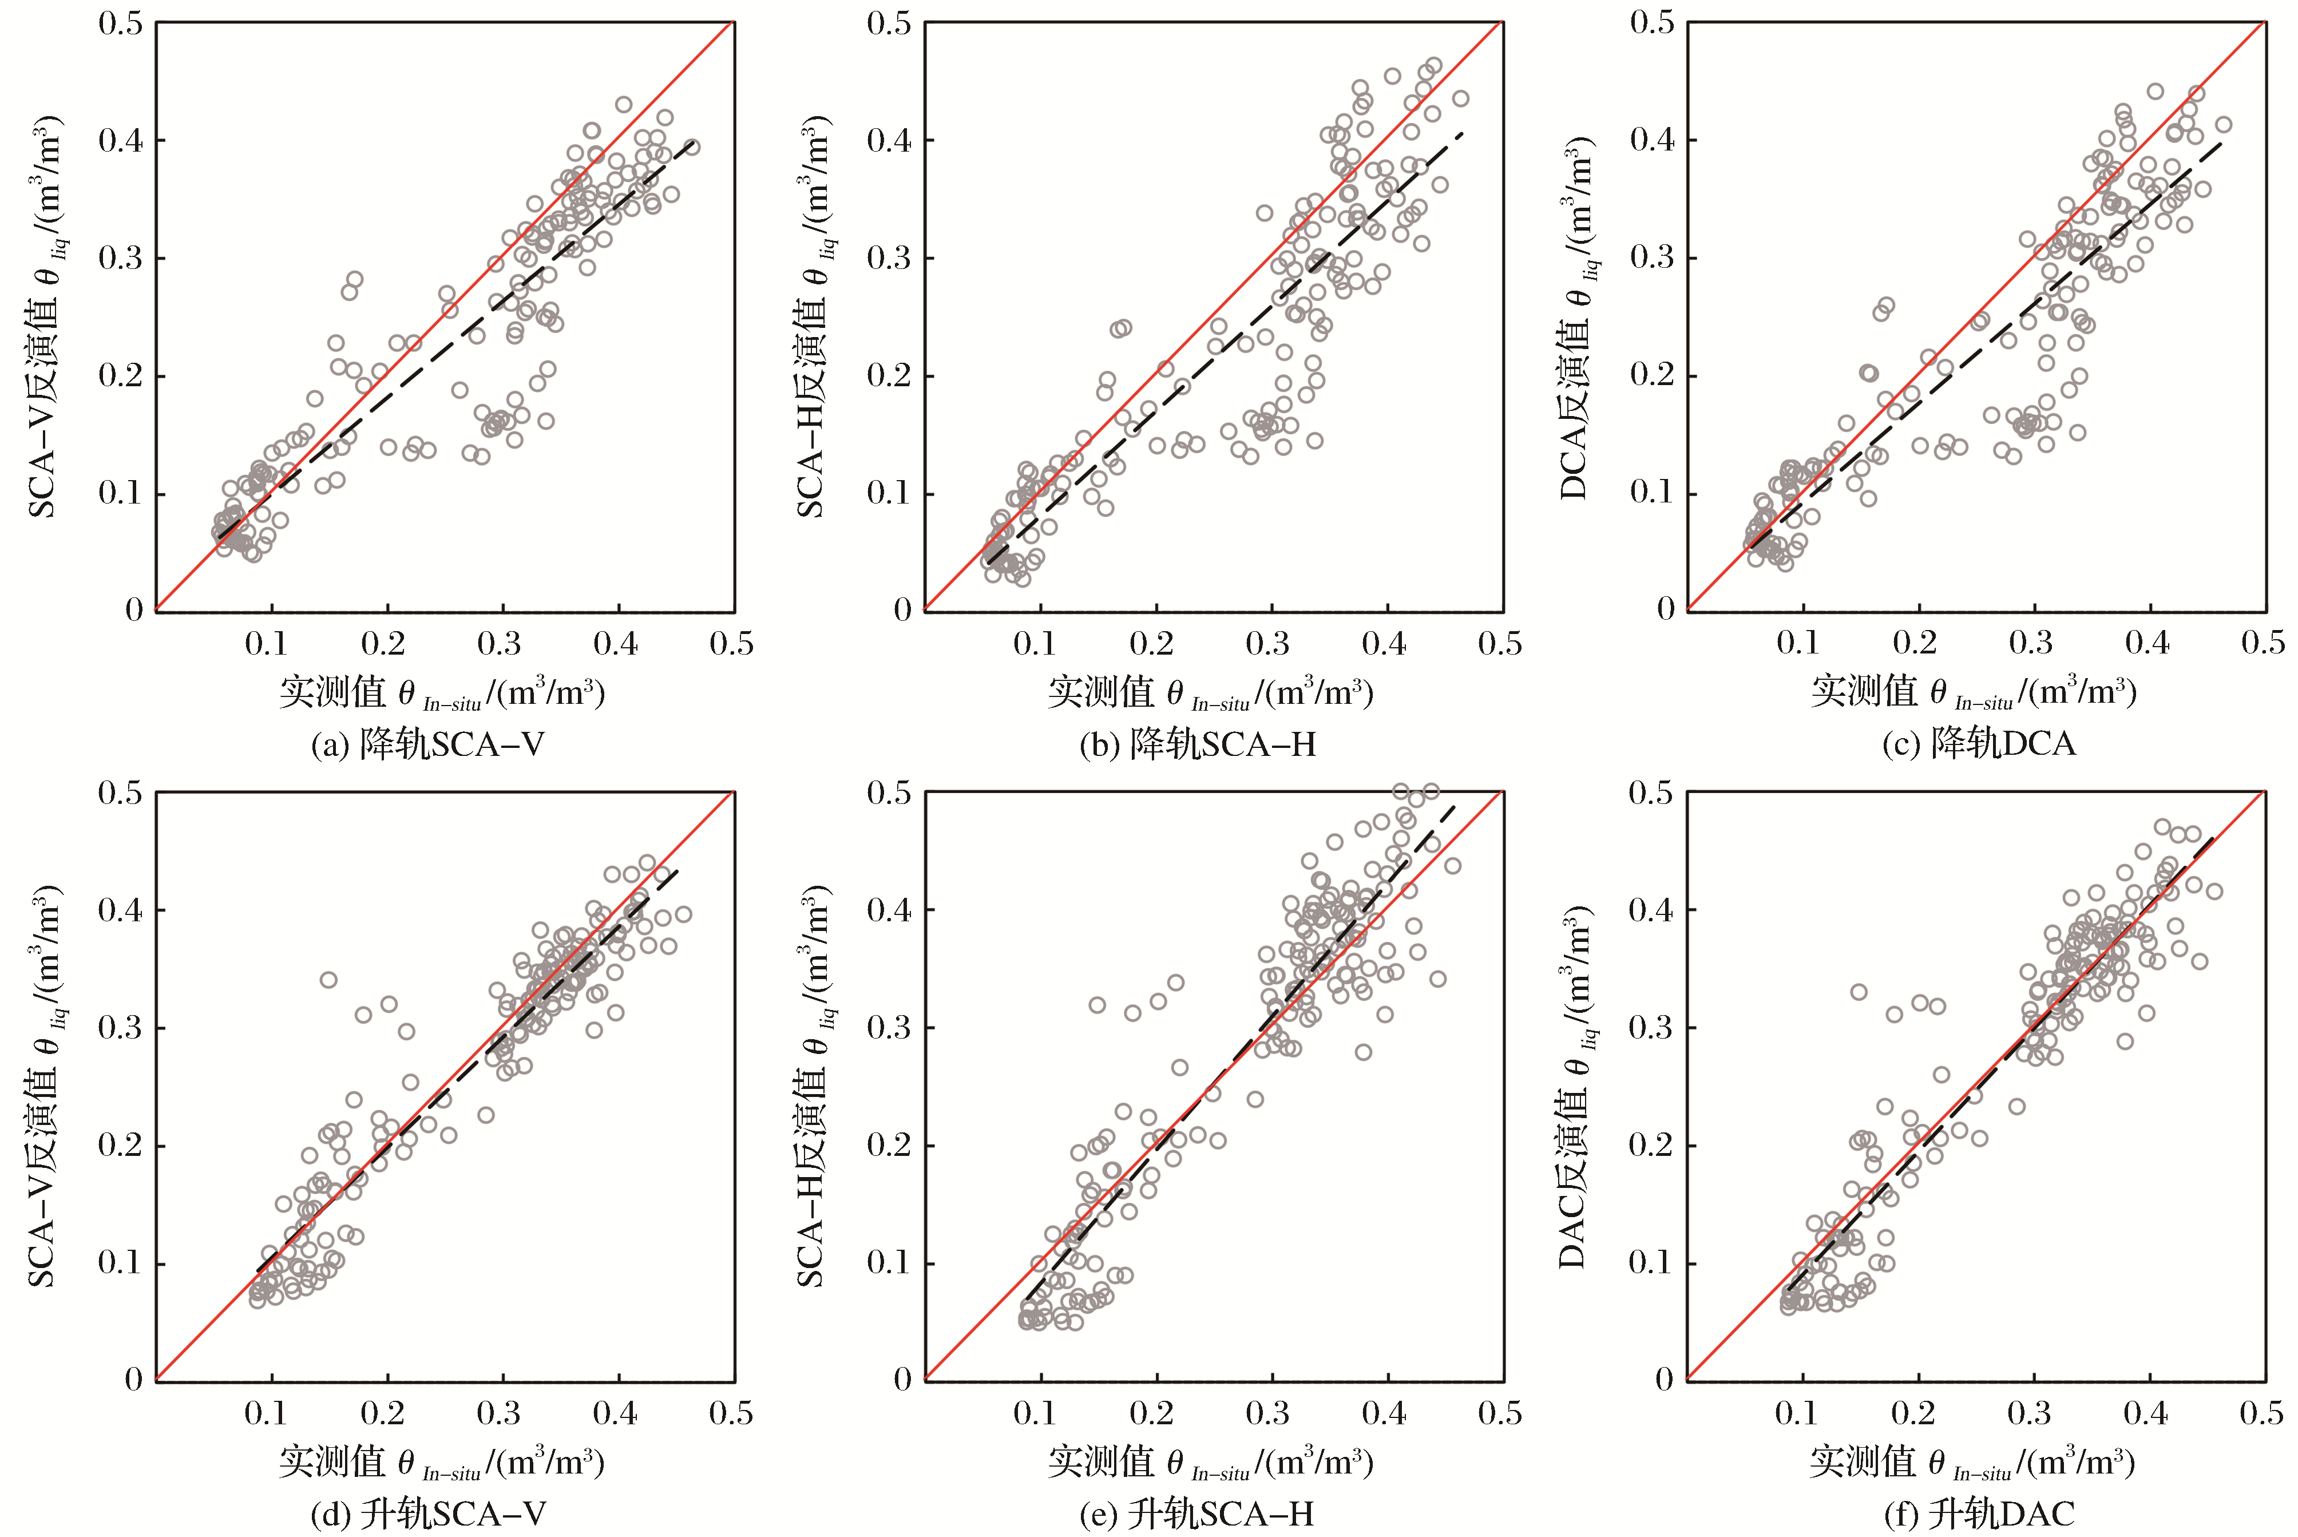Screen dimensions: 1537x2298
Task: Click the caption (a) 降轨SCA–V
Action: coord(427,745)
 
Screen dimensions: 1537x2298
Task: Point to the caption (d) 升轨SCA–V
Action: coord(427,1515)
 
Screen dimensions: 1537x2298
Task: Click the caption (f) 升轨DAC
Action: coord(1979,1515)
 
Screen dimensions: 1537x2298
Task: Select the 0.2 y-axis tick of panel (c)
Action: coord(1651,374)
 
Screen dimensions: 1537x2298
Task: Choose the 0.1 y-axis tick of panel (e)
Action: coord(888,1262)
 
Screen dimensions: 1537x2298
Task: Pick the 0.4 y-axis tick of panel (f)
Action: coord(1651,910)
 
